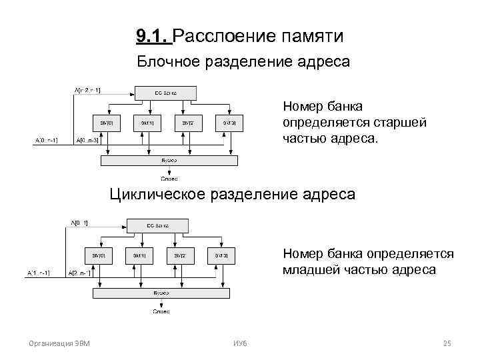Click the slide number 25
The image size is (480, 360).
point(447,343)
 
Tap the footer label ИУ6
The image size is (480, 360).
point(239,343)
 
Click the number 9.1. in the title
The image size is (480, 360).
point(153,35)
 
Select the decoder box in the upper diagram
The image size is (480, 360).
point(165,92)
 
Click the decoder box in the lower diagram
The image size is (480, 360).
point(157,225)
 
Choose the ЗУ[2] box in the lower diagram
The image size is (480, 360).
point(181,255)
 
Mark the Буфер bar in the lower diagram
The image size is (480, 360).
point(161,293)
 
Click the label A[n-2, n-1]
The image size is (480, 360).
point(87,89)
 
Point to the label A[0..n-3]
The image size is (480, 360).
point(87,140)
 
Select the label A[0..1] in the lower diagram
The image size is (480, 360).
point(80,223)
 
